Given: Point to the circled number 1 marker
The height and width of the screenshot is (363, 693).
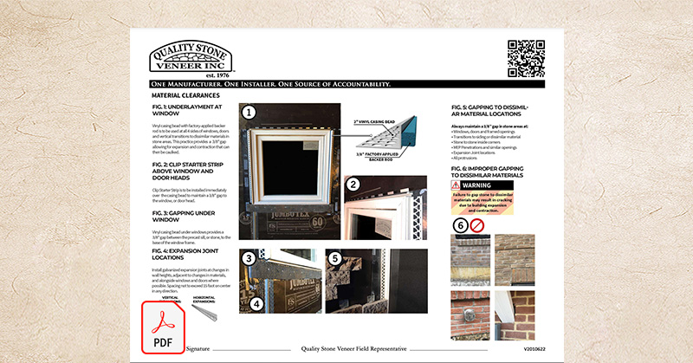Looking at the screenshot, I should (x=249, y=112).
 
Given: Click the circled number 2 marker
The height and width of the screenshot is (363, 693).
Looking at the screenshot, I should (x=353, y=184).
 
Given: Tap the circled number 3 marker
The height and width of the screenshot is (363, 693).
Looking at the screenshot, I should (x=249, y=258).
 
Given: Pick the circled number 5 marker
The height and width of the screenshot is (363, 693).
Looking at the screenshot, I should (x=334, y=258).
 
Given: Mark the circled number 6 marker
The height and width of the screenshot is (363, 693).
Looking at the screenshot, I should (x=460, y=224).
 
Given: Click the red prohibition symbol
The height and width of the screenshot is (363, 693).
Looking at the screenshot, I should (x=477, y=224).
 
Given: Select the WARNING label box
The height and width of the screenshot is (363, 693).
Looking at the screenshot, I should (x=482, y=185).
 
